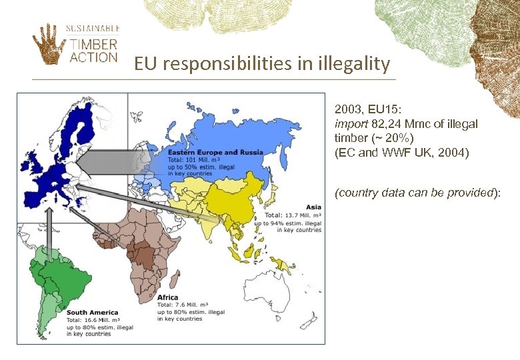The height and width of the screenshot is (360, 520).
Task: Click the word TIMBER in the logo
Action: pos(94,45)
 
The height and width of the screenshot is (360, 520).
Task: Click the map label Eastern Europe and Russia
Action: pos(215,153)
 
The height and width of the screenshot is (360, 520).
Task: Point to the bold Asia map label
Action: pos(313,207)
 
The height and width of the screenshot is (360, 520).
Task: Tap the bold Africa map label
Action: pos(167,297)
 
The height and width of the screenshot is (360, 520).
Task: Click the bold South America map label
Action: pos(92,312)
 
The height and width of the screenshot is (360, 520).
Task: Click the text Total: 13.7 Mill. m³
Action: pos(293,215)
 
